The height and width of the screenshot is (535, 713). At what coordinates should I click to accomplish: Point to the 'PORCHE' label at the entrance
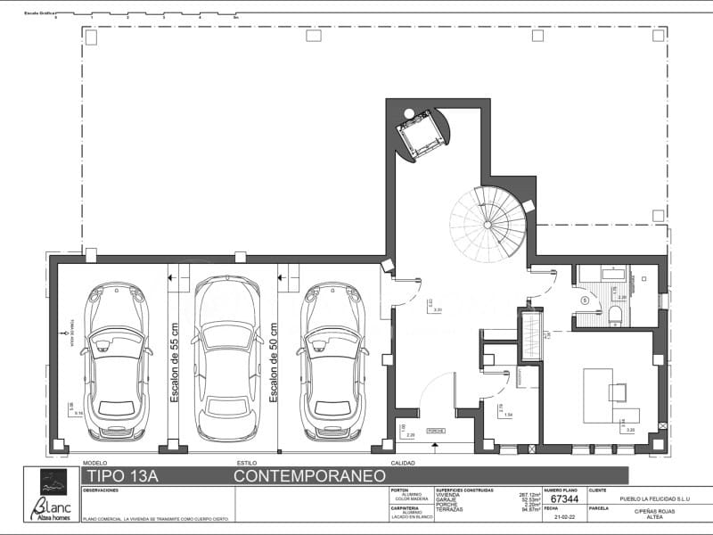pos(437,430)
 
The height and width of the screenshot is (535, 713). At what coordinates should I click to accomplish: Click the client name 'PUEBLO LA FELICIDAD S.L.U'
pos(648,499)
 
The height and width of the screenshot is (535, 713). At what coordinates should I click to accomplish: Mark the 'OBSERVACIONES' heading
pos(101,490)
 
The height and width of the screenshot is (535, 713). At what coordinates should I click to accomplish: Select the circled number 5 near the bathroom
pos(585,300)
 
